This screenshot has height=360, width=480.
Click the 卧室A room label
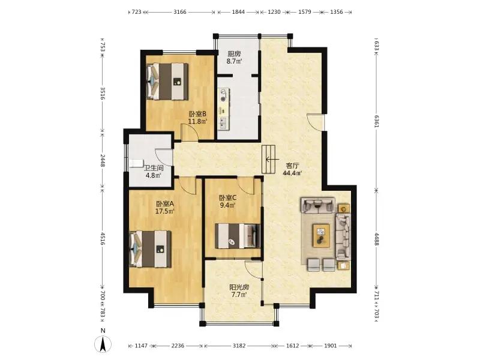[165, 204]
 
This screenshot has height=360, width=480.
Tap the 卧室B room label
[197, 114]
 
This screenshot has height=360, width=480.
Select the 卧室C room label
[227, 198]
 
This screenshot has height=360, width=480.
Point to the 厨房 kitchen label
[234, 54]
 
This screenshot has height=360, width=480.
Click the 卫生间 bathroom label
[154, 168]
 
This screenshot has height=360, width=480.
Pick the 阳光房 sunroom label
[239, 287]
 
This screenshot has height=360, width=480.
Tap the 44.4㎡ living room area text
[292, 173]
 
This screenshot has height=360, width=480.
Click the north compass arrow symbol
[103, 343]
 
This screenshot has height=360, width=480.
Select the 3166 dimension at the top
[179, 12]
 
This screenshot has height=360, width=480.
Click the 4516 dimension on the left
[103, 239]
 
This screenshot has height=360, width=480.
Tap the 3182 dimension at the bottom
[239, 346]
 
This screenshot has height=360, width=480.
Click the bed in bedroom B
[167, 81]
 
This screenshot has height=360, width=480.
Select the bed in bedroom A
[151, 249]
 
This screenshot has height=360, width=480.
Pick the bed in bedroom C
[237, 236]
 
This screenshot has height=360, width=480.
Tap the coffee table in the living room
[321, 235]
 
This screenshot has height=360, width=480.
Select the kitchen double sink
[223, 124]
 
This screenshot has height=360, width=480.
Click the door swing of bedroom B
[189, 132]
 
